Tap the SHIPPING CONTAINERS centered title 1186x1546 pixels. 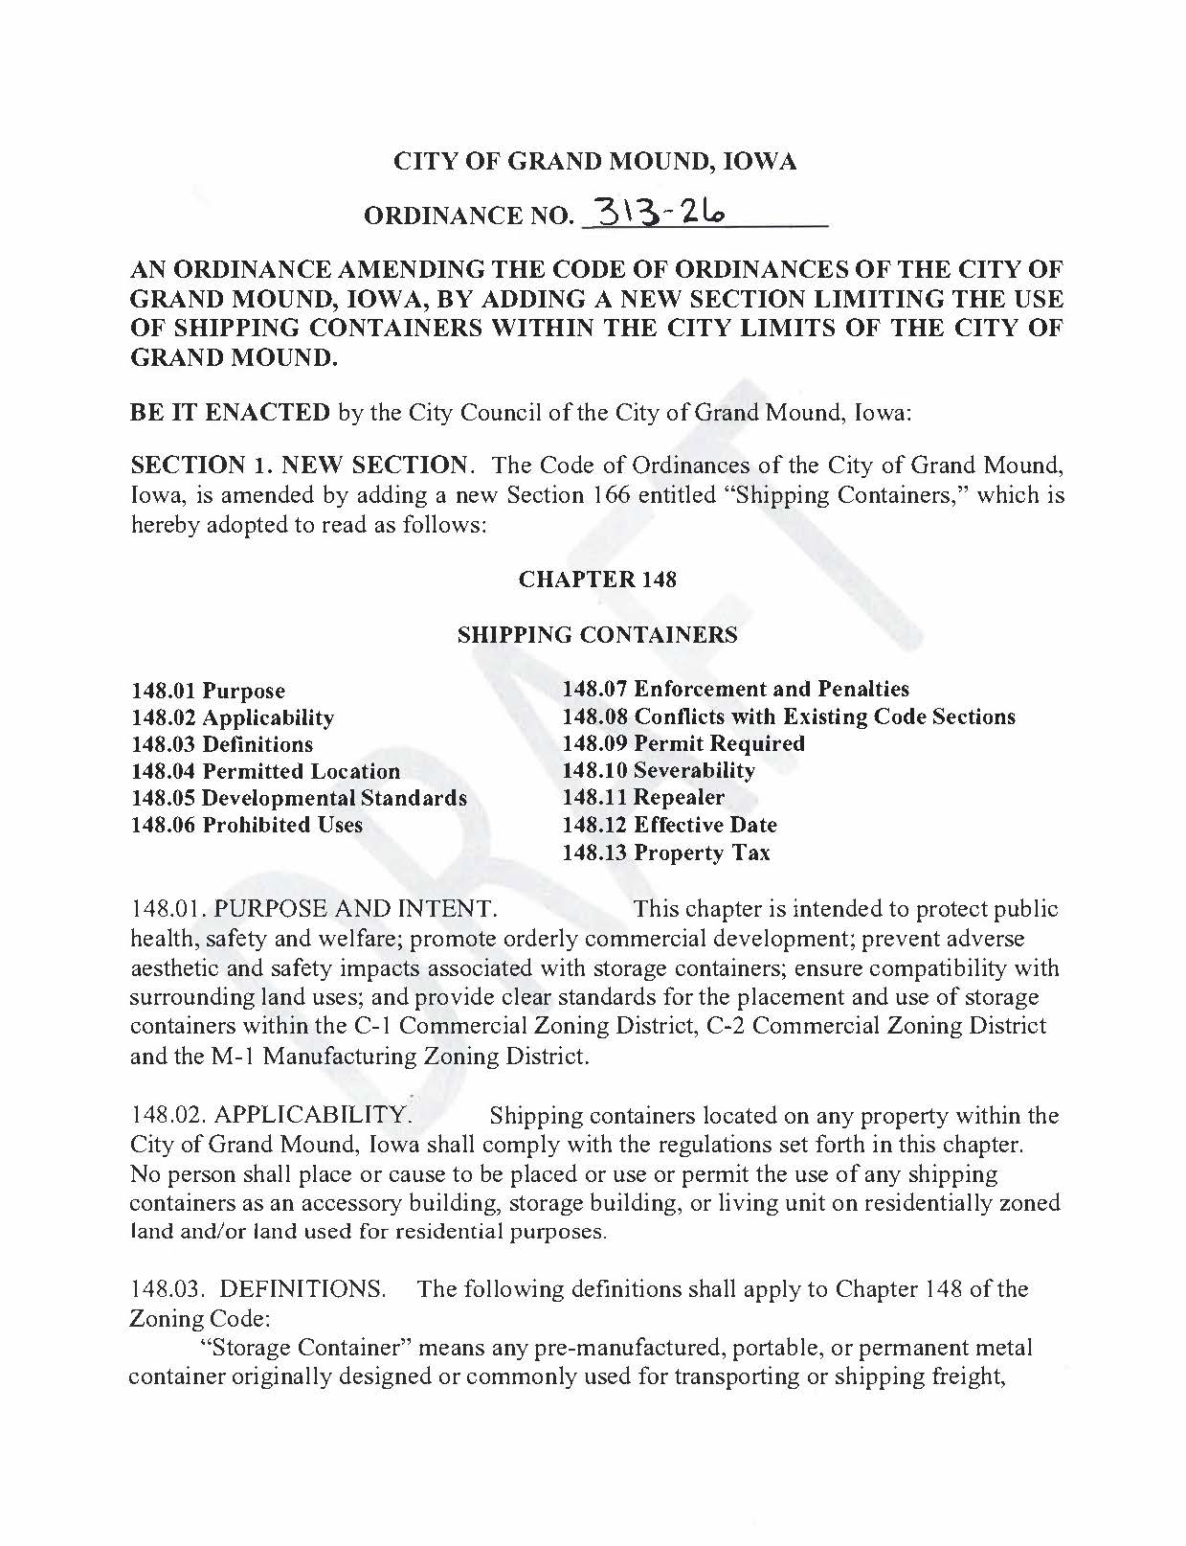[x=597, y=634]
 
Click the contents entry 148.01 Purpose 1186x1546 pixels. [x=208, y=691]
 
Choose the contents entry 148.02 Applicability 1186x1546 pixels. [x=232, y=717]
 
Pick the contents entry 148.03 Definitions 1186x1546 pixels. [x=221, y=744]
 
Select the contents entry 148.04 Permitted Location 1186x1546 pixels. [x=265, y=771]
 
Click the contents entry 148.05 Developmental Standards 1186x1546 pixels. [x=299, y=798]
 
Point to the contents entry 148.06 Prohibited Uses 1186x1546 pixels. [x=246, y=825]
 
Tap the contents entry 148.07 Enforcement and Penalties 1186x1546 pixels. [x=735, y=689]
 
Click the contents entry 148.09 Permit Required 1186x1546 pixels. [x=683, y=743]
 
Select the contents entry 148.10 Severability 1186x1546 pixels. [x=658, y=770]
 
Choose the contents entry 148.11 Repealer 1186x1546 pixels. [x=642, y=797]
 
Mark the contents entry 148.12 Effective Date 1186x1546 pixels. [x=669, y=825]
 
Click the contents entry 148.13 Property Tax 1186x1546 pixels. [x=665, y=853]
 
